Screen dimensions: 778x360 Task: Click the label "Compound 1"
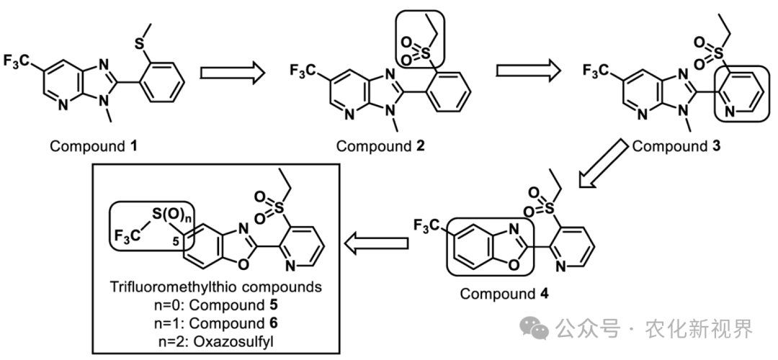pyautogui.click(x=94, y=146)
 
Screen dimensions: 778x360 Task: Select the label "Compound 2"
pyautogui.click(x=380, y=146)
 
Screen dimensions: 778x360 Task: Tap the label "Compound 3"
pyautogui.click(x=676, y=146)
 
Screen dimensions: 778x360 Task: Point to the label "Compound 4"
pyautogui.click(x=504, y=294)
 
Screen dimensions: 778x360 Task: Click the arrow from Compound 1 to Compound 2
pyautogui.click(x=232, y=73)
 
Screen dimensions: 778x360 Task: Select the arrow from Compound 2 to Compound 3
pyautogui.click(x=529, y=71)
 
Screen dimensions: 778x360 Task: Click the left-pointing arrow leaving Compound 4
pyautogui.click(x=376, y=243)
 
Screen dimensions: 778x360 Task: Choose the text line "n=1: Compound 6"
pyautogui.click(x=215, y=323)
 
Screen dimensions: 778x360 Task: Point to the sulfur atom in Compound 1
pyautogui.click(x=140, y=44)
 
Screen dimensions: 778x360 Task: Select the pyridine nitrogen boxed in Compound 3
pyautogui.click(x=730, y=112)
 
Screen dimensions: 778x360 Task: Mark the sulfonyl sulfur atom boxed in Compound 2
pyautogui.click(x=426, y=53)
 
